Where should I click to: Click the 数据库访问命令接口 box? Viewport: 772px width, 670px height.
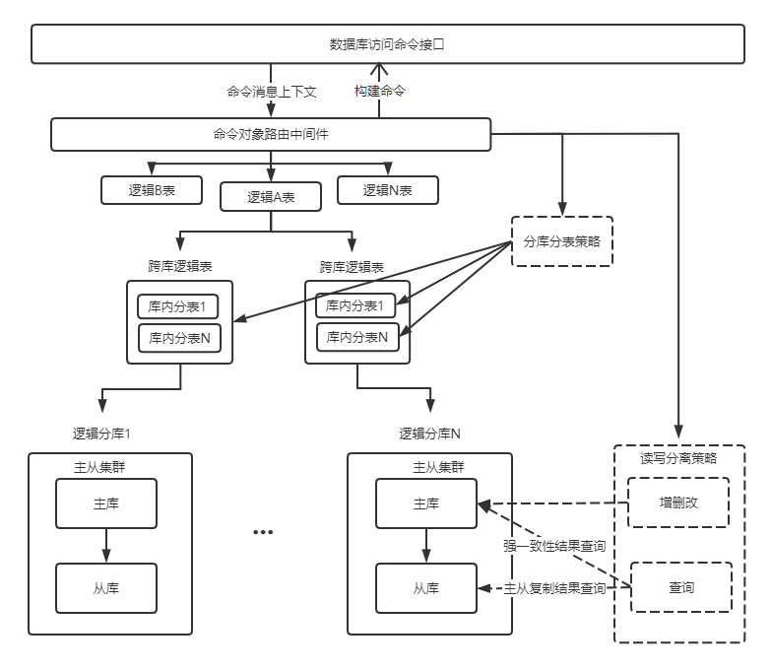(x=386, y=44)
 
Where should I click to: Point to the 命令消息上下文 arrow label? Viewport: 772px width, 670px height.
(x=271, y=92)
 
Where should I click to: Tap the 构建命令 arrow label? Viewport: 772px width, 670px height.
(x=380, y=92)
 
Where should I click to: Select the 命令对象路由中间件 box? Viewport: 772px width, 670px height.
(x=270, y=134)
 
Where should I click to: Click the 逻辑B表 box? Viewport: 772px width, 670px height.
(x=151, y=190)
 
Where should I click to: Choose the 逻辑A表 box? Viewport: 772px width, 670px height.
(x=271, y=197)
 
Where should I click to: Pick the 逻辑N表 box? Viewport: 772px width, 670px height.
(x=387, y=190)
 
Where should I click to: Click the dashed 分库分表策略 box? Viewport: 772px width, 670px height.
(x=562, y=241)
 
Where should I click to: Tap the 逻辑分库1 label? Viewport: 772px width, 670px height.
(x=101, y=433)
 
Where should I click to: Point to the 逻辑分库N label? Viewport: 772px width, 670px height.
(x=429, y=433)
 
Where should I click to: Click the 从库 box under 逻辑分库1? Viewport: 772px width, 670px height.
(x=105, y=588)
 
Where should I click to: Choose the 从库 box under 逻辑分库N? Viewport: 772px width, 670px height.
(x=425, y=588)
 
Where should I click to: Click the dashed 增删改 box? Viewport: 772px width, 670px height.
(x=678, y=502)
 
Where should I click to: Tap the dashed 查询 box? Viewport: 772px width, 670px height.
(x=680, y=587)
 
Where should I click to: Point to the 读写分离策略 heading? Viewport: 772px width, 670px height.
(x=678, y=458)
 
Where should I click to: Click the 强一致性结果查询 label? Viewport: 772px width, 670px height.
(x=553, y=545)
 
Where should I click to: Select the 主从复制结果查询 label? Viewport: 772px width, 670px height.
(x=554, y=588)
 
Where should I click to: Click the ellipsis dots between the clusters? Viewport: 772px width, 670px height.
(x=262, y=532)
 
